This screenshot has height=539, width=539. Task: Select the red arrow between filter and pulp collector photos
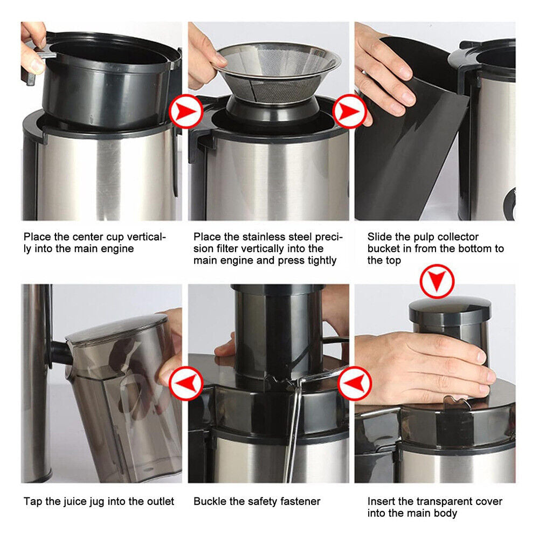[x=350, y=112]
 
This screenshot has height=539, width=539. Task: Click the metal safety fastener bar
[x=294, y=426]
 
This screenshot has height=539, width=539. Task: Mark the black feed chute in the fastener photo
[x=278, y=329]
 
